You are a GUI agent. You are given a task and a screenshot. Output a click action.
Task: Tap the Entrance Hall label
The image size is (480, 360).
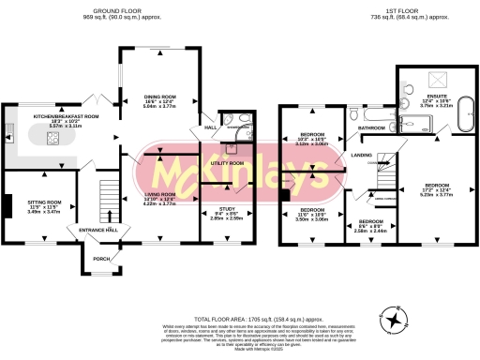pyautogui.click(x=97, y=230)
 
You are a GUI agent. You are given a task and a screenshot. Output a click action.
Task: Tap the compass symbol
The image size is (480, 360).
pyautogui.click(x=398, y=320)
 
